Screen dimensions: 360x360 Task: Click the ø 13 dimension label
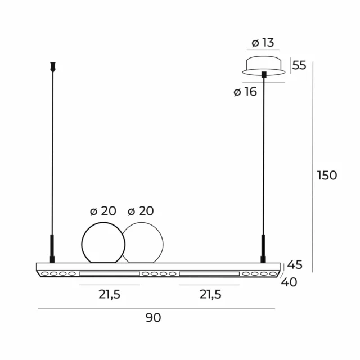coord(263,42)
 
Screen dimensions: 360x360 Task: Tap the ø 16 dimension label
coord(245,92)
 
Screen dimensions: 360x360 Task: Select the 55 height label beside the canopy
coord(299,65)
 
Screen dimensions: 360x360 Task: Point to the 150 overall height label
coord(327,175)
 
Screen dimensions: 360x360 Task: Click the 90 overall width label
coord(153,317)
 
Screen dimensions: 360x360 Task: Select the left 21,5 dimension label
coord(109,295)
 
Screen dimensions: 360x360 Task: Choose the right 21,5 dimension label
coord(210,295)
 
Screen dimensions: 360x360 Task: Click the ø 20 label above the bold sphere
coord(103,211)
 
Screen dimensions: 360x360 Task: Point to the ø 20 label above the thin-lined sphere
coord(141,211)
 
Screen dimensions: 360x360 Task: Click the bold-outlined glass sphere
coord(103,242)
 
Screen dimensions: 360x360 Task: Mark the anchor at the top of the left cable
coord(53,66)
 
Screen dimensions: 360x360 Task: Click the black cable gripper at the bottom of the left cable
coord(52,248)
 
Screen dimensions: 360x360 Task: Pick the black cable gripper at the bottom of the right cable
coord(263,248)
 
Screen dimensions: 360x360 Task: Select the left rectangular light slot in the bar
coord(109,274)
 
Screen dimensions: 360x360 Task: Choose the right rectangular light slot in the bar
coord(209,274)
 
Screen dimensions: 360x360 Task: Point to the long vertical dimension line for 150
coord(313,169)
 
